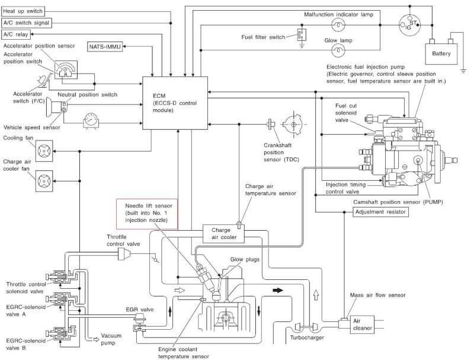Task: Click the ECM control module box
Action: point(175,103)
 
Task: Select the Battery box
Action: point(441,54)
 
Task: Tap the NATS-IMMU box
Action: point(105,47)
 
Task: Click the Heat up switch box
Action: point(23,11)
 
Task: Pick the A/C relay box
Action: point(16,34)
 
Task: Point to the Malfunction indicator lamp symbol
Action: point(338,25)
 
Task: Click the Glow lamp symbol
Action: point(338,50)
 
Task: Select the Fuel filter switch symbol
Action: point(302,37)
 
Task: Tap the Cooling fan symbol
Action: point(44,151)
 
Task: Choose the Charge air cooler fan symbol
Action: point(44,181)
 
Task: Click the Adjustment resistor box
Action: point(380,212)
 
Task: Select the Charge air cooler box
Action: point(223,234)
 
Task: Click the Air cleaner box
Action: point(362,324)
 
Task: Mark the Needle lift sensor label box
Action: point(147,214)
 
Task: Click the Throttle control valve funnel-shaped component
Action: point(124,253)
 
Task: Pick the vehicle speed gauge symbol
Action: point(91,121)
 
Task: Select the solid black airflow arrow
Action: point(278,291)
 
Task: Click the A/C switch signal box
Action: point(26,23)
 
